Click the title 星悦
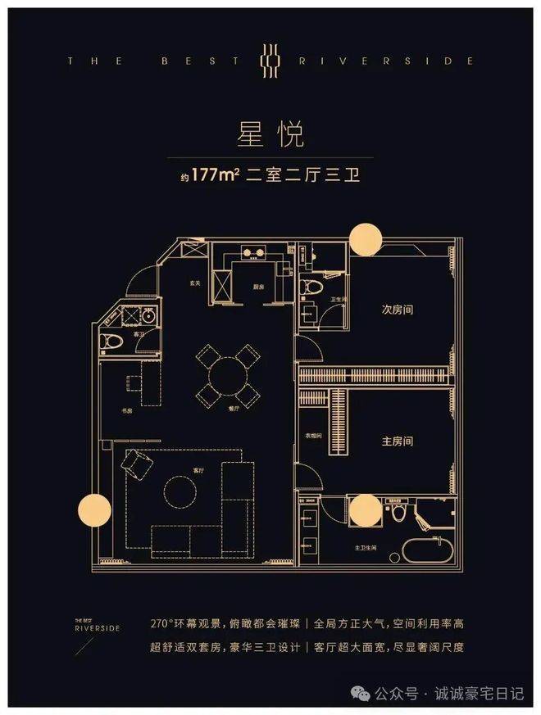click(270, 132)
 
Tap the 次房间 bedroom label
click(397, 310)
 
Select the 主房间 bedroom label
click(397, 441)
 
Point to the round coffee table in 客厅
click(180, 491)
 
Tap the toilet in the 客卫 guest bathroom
click(112, 341)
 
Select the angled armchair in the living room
click(137, 466)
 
